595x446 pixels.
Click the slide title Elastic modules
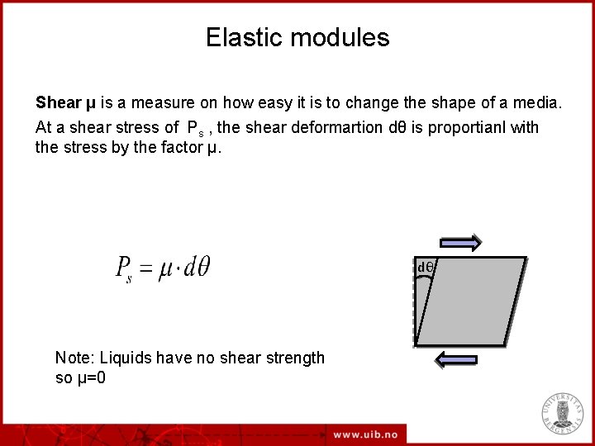[297, 38]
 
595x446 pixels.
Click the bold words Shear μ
[65, 104]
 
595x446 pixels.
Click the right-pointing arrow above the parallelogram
[460, 242]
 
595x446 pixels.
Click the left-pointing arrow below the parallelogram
[456, 359]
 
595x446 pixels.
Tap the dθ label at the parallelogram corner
[426, 268]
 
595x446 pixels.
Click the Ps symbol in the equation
[124, 269]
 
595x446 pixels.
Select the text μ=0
[90, 378]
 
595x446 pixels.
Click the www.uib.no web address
[365, 434]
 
